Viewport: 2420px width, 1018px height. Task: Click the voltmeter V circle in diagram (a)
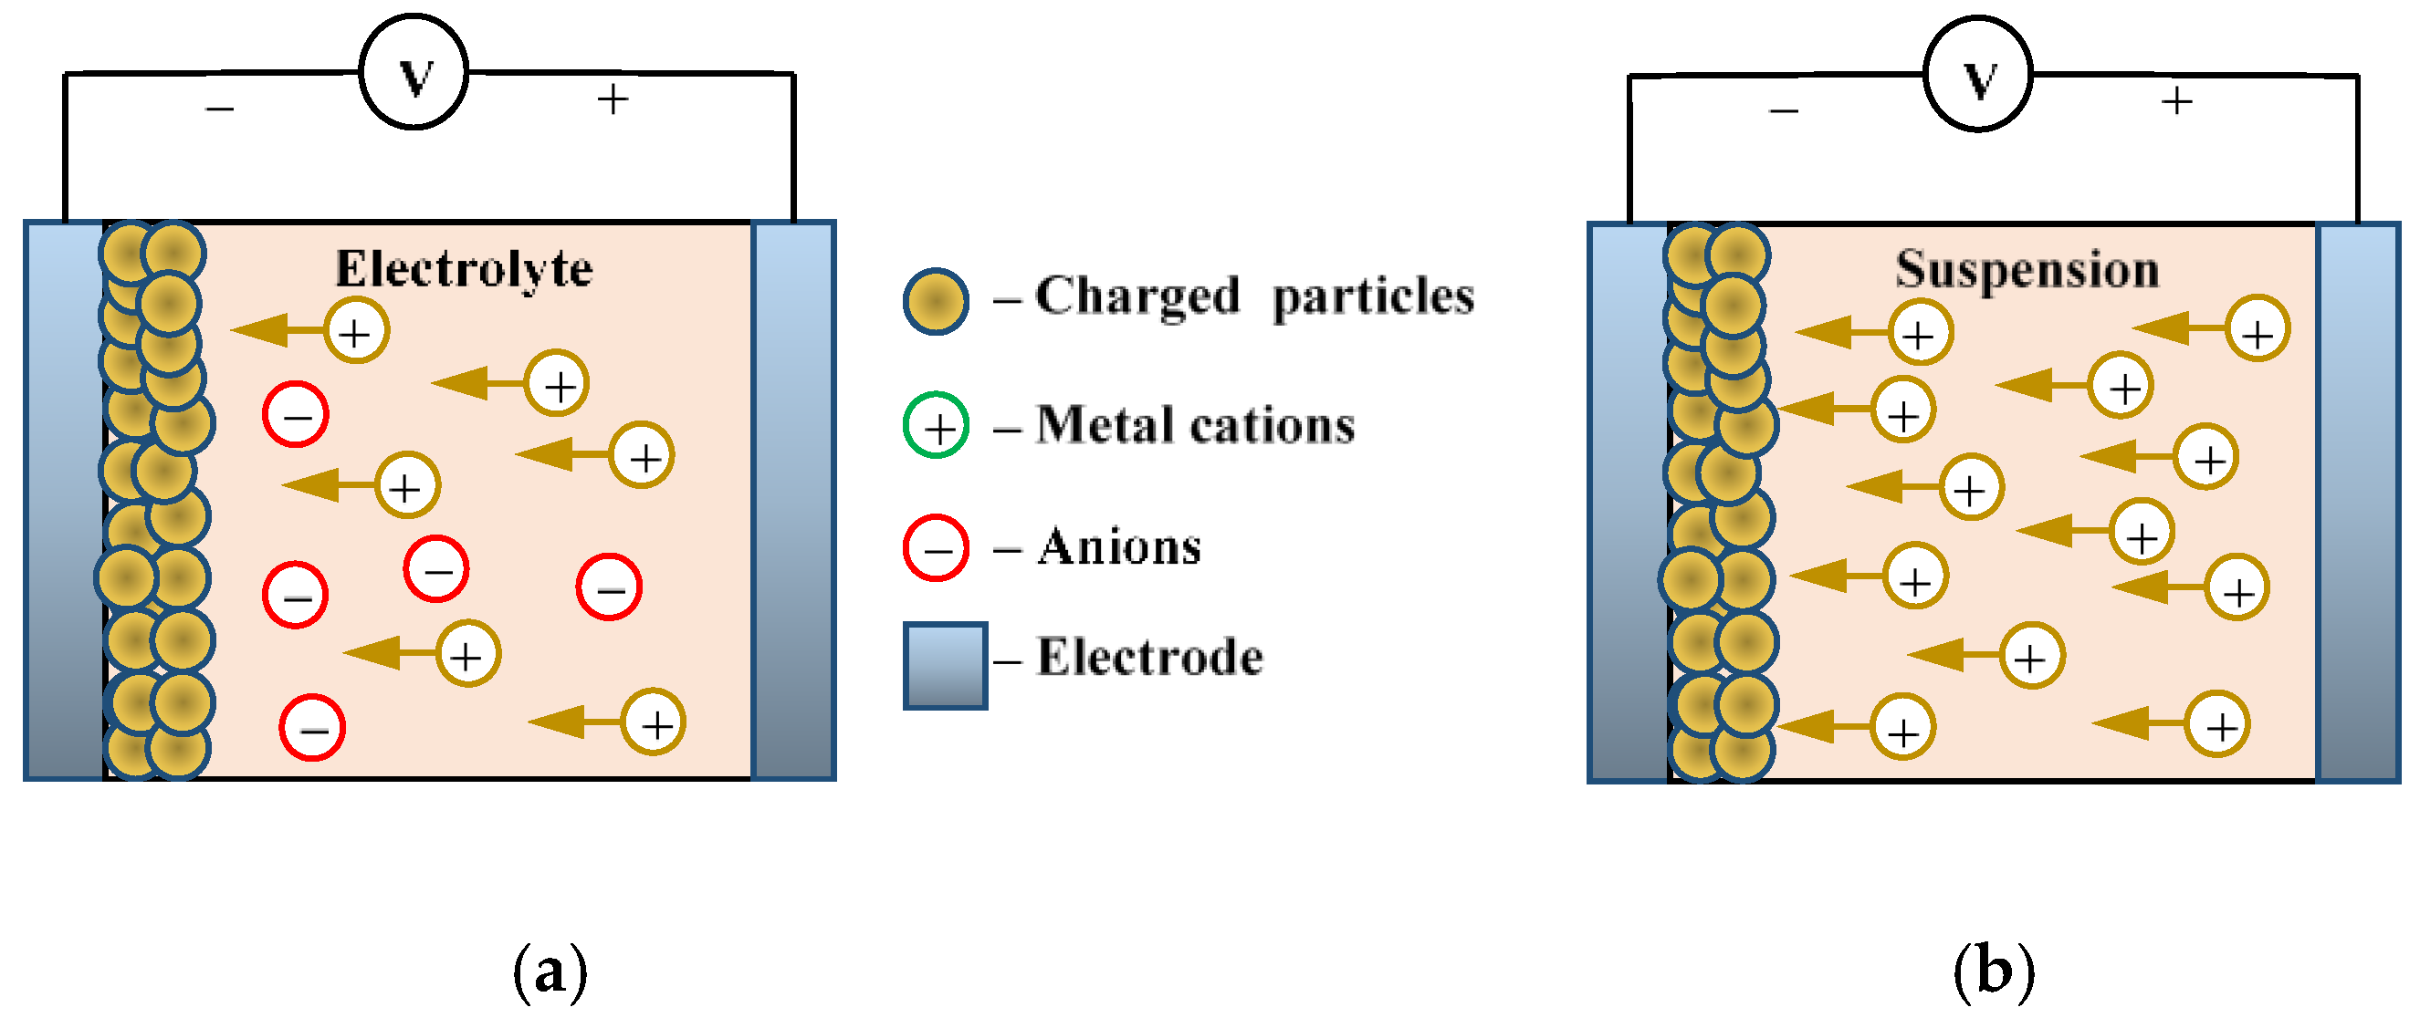[414, 72]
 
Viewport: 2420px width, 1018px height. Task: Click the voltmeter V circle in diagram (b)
[1978, 75]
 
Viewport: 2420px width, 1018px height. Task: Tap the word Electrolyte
[464, 269]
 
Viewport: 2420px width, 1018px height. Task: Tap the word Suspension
[2027, 269]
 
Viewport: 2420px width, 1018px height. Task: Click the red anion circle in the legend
[936, 548]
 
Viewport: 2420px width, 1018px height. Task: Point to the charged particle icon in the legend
[936, 301]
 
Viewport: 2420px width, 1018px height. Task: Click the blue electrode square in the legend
[944, 665]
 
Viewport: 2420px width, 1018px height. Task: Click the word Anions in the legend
[1119, 546]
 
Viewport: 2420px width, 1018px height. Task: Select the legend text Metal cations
[1195, 425]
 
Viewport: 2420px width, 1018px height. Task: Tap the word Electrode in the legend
[1150, 657]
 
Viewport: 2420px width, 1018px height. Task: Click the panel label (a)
[550, 972]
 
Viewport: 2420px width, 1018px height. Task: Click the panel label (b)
[1994, 972]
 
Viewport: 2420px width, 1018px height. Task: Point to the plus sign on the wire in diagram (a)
[613, 99]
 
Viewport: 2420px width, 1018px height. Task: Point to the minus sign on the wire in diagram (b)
[1783, 110]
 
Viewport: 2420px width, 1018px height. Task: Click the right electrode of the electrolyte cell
[794, 501]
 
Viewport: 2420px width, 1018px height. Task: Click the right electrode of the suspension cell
[2358, 503]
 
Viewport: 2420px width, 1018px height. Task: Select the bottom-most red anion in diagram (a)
[312, 727]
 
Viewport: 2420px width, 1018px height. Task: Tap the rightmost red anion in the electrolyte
[609, 587]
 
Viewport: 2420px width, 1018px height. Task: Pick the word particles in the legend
[1373, 296]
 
